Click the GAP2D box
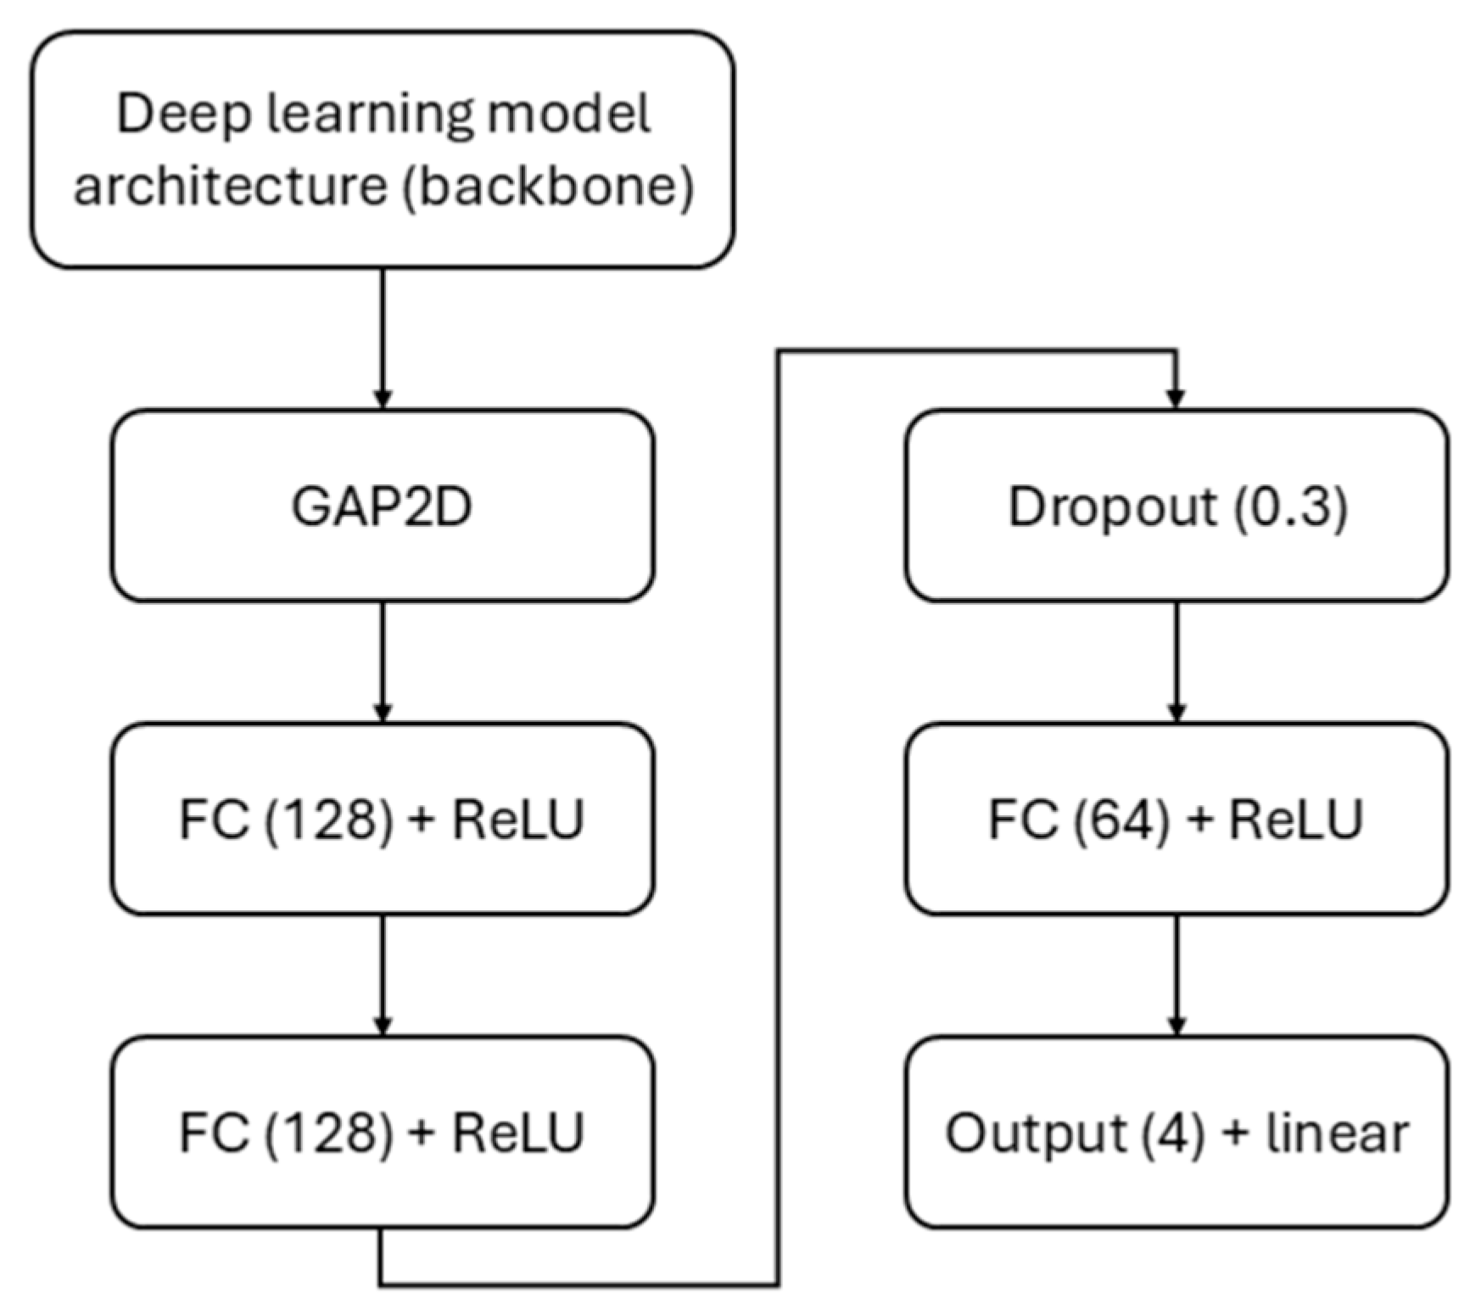click(382, 506)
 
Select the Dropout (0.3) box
click(1176, 506)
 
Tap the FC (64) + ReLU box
click(1176, 820)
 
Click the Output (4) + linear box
click(1176, 1133)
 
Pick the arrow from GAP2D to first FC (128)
click(382, 661)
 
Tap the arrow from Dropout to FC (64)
click(1176, 661)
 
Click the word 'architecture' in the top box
click(230, 185)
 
